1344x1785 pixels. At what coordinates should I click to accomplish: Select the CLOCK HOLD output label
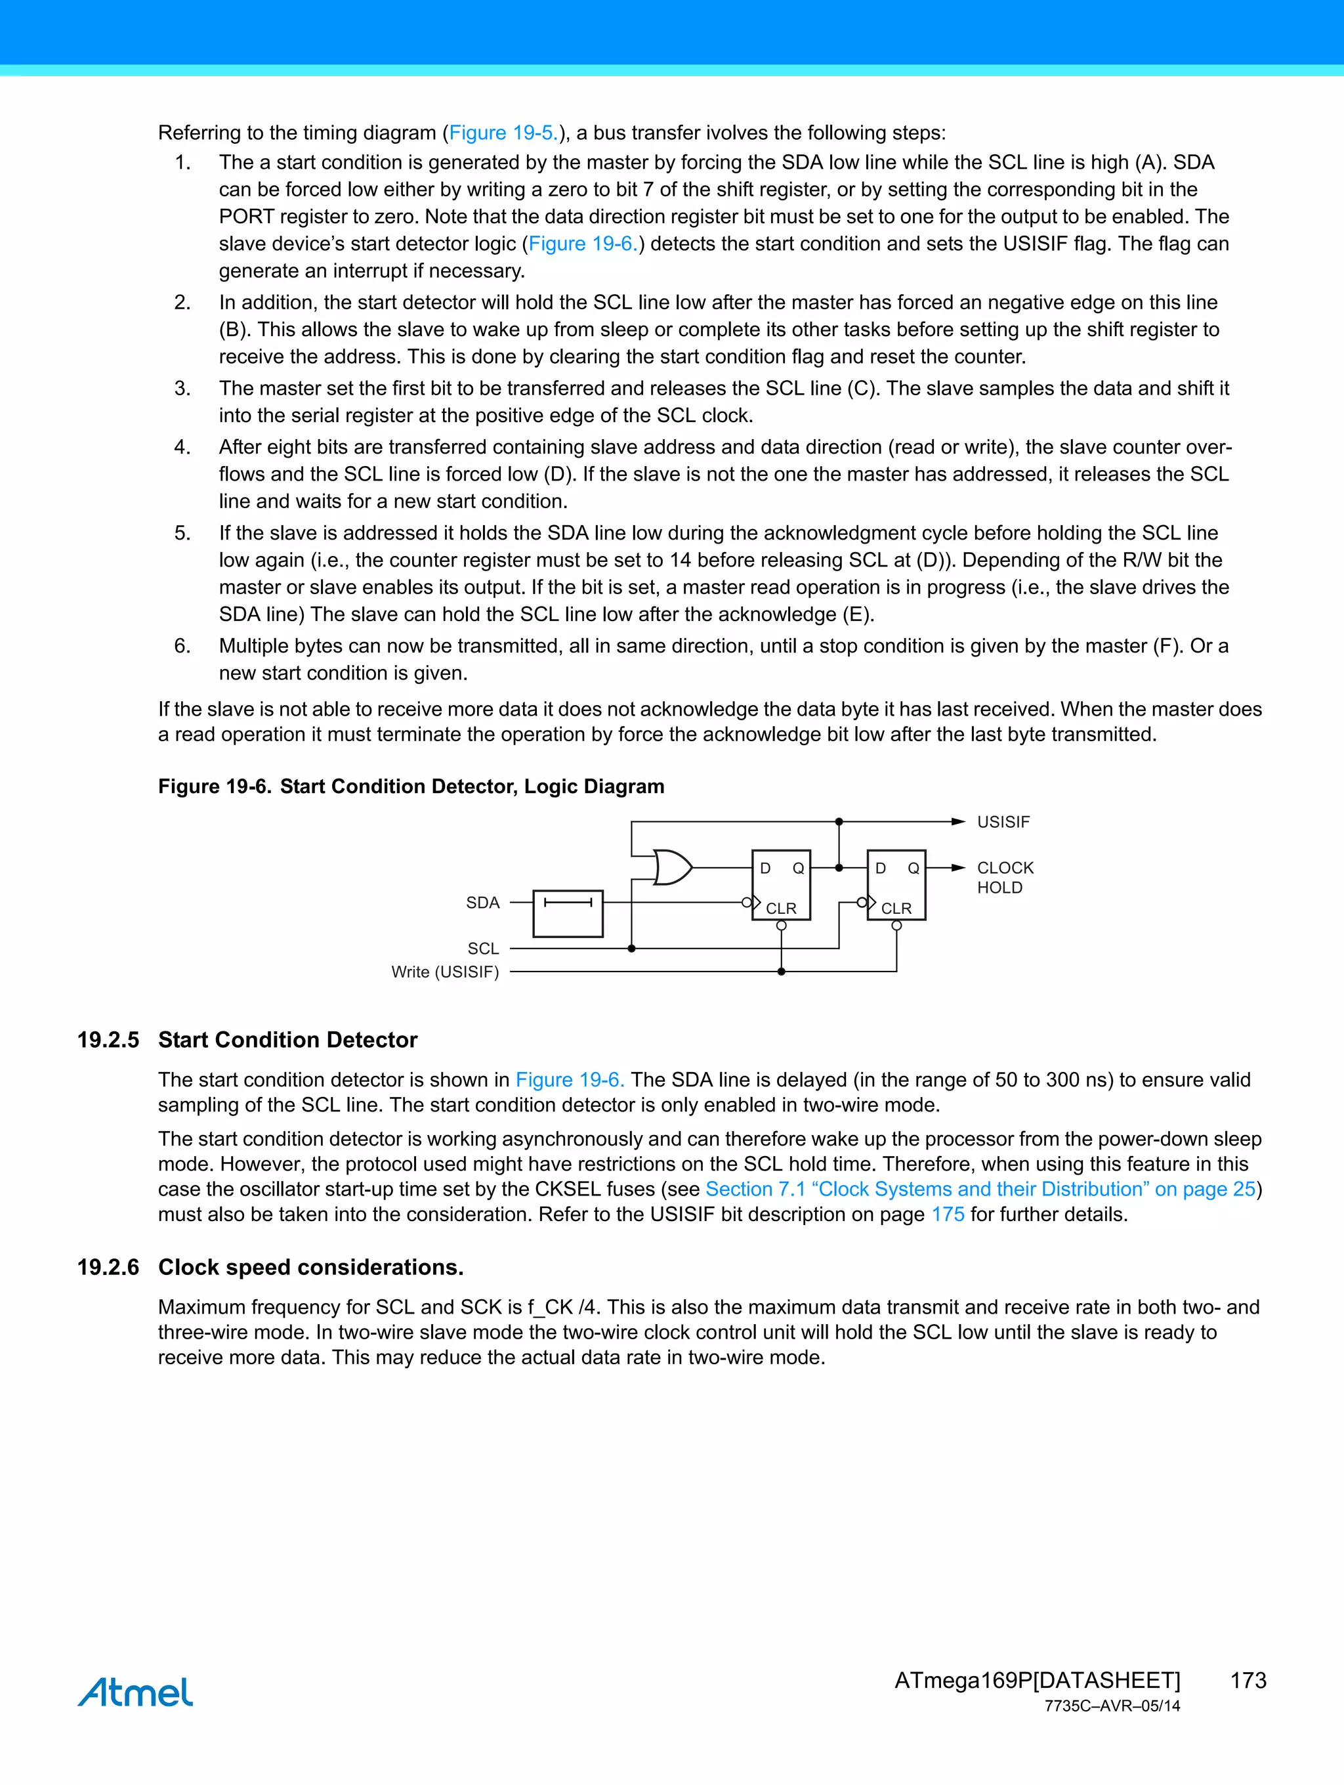point(1004,877)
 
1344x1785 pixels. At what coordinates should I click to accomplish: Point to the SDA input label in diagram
point(482,902)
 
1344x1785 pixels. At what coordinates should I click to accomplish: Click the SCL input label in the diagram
point(483,948)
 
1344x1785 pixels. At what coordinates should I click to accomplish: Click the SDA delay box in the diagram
point(568,913)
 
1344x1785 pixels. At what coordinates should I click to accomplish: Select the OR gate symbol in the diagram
point(671,867)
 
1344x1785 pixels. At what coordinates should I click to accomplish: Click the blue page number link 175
point(947,1214)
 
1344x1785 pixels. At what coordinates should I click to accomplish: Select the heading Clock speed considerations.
point(310,1267)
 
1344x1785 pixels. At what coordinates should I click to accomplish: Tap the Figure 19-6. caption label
point(214,786)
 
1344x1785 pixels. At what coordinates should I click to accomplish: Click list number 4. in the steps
point(182,447)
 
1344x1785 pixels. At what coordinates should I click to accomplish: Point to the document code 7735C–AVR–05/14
point(1112,1706)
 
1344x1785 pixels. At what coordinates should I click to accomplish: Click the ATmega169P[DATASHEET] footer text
point(1037,1680)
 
